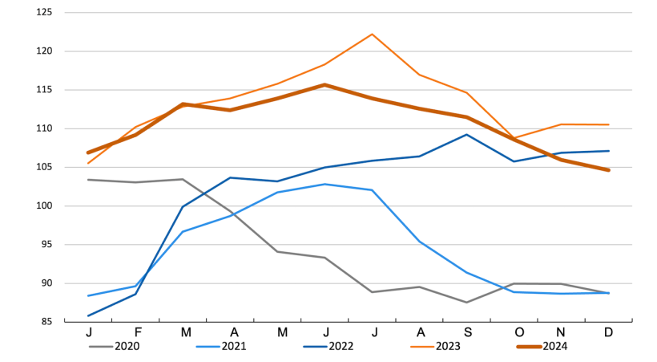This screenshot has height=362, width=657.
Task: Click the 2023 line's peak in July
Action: [x=372, y=34]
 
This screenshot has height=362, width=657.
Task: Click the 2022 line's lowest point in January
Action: [x=88, y=315]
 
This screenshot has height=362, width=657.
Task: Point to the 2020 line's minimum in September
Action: [x=466, y=302]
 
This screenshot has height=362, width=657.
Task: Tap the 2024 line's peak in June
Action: [x=324, y=84]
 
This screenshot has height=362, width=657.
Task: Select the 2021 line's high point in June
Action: [x=324, y=184]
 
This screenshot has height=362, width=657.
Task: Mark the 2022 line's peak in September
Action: [x=466, y=134]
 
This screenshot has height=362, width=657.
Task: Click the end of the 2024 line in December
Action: [x=608, y=170]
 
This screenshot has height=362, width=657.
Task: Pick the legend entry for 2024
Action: [x=554, y=347]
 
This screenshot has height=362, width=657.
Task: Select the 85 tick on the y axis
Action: [x=46, y=322]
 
